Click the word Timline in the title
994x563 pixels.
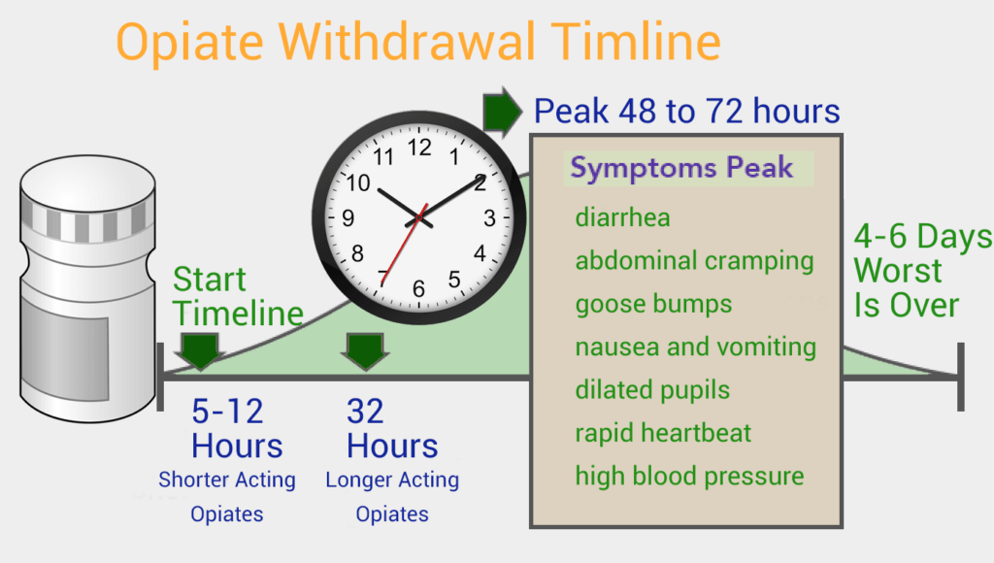[635, 42]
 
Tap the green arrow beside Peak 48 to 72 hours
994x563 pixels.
[502, 113]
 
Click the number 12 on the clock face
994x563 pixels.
[419, 148]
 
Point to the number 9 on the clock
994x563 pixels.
[348, 218]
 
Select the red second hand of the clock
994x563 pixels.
[404, 244]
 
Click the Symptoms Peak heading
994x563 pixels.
[681, 168]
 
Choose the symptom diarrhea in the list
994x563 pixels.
[622, 217]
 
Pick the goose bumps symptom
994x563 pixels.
[653, 305]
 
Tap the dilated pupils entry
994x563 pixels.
[652, 390]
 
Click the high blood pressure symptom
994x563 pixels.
[690, 477]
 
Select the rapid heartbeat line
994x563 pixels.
[663, 433]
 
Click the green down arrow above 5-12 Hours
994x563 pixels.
[200, 351]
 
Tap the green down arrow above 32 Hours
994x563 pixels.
[365, 351]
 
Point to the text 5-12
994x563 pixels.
[227, 412]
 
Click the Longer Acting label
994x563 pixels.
[392, 480]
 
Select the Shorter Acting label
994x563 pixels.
[227, 480]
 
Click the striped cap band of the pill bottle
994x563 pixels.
[87, 222]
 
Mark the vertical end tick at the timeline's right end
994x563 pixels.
[960, 377]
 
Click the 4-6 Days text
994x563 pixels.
[922, 237]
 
